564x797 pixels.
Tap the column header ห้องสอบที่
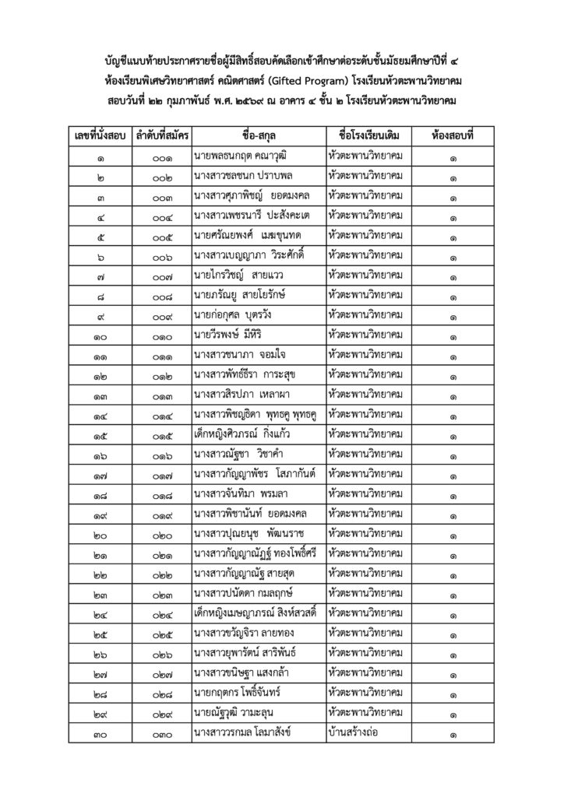(453, 135)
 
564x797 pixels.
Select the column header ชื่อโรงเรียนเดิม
(368, 135)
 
